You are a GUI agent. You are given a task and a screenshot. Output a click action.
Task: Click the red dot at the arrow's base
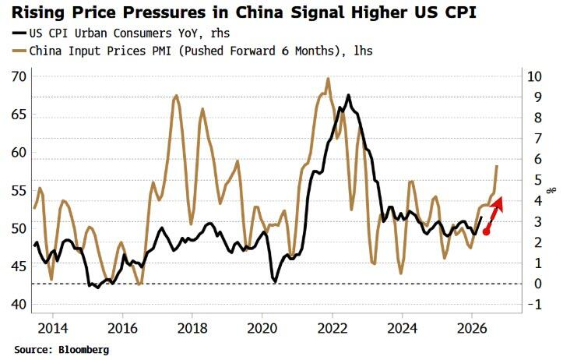(487, 231)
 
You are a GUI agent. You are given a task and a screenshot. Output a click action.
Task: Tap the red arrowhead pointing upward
(499, 202)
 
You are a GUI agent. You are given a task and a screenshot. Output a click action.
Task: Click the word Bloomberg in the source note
(83, 350)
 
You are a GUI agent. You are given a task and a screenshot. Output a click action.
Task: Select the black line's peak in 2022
(348, 95)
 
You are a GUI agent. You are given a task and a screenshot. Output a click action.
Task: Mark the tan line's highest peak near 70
(328, 78)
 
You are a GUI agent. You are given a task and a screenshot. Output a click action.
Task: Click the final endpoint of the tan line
(497, 166)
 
